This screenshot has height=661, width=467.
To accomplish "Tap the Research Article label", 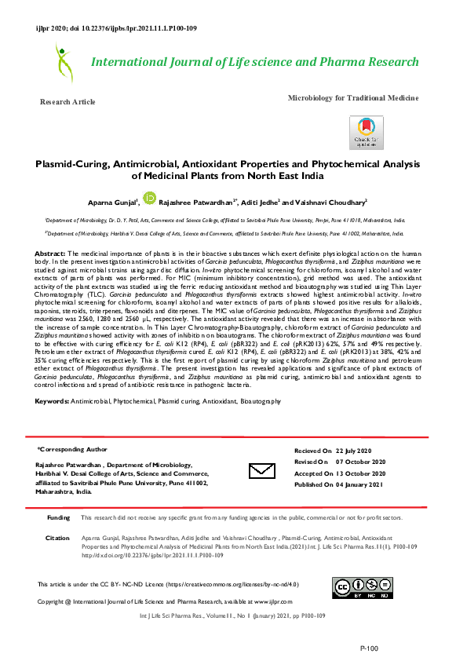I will pyautogui.click(x=67, y=102).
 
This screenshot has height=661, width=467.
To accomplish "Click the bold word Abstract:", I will pyautogui.click(x=50, y=254).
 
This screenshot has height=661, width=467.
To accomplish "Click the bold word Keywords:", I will pyautogui.click(x=52, y=401).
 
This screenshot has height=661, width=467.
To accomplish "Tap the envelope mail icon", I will pyautogui.click(x=261, y=470).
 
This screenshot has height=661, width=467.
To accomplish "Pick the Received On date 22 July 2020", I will pyautogui.click(x=360, y=451).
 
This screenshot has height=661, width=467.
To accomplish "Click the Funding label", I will pyautogui.click(x=58, y=518).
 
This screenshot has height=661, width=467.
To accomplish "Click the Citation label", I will pyautogui.click(x=57, y=538).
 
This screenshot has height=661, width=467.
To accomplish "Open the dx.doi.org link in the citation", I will pyautogui.click(x=141, y=555).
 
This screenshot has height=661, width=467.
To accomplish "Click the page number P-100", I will pyautogui.click(x=369, y=648).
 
